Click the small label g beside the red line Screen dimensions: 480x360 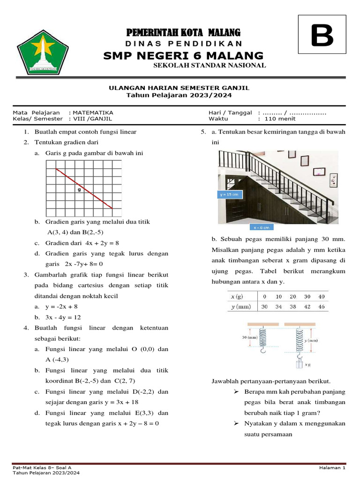79,190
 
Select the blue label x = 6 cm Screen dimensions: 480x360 262,227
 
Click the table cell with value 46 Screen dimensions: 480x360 322,307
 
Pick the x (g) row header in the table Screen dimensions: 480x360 237,296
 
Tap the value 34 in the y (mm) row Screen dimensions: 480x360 279,307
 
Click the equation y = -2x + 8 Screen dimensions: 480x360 62,307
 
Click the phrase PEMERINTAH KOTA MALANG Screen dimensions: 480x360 183,32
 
